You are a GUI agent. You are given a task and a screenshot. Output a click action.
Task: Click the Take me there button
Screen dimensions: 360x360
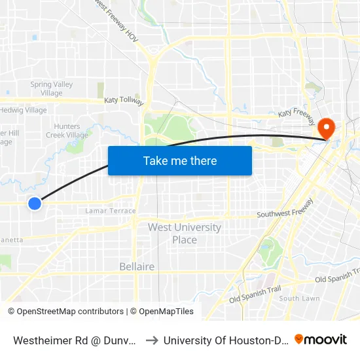[x=180, y=160]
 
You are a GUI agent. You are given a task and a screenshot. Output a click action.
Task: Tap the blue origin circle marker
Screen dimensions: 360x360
[x=35, y=204]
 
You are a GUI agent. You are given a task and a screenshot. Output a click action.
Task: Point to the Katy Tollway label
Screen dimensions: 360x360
[x=124, y=101]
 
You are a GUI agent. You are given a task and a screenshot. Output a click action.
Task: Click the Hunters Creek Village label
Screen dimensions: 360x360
[x=67, y=131]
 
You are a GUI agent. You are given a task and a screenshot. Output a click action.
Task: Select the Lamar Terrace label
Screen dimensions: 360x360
[x=111, y=211]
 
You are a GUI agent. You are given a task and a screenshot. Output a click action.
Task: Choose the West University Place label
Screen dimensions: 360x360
[x=184, y=233]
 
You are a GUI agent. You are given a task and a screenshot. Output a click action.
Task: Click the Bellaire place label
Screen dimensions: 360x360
[x=137, y=266]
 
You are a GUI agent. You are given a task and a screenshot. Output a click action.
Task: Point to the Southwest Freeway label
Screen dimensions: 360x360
[x=285, y=213]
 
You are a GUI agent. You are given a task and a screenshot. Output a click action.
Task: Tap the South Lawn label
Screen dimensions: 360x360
[x=299, y=298]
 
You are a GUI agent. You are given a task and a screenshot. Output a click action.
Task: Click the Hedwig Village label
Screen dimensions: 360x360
[x=24, y=110]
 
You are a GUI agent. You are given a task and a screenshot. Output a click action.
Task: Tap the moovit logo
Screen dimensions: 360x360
[x=321, y=340]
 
